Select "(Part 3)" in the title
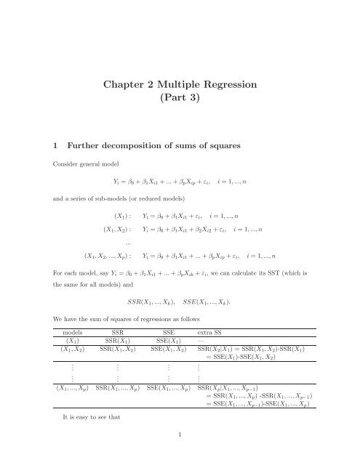click(180, 107)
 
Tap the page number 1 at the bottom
click(180, 453)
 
